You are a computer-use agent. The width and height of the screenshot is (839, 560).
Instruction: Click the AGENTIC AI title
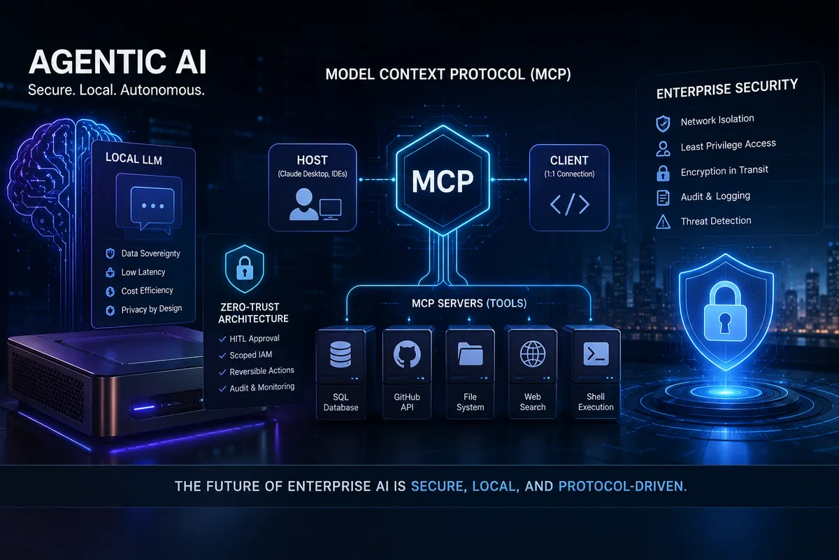[x=117, y=62]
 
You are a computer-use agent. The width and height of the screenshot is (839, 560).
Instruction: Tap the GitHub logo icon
[x=407, y=353]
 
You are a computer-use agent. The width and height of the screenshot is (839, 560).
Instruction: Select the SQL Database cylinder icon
[x=340, y=354]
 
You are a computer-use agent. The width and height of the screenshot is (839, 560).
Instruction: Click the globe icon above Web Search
[x=532, y=353]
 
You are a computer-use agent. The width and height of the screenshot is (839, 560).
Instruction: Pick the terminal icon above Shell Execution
[x=596, y=353]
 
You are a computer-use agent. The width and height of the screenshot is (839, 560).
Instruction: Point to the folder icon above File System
[x=470, y=353]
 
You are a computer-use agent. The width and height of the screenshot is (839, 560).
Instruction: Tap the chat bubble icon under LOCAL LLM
[x=152, y=208]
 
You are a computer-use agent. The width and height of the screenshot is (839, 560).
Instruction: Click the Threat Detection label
[x=716, y=221]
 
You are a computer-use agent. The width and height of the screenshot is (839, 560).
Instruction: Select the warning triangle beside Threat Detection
[x=663, y=222]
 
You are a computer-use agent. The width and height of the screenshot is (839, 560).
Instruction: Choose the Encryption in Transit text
[x=724, y=171]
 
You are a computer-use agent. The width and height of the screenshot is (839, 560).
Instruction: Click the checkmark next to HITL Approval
[x=222, y=339]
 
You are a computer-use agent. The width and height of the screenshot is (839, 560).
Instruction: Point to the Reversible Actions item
[x=261, y=371]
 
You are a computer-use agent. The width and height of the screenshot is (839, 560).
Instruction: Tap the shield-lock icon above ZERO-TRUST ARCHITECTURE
[x=245, y=269]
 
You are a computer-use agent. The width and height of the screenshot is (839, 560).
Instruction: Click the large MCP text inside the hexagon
[x=443, y=182]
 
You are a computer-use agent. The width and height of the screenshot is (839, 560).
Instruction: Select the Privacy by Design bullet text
[x=151, y=309]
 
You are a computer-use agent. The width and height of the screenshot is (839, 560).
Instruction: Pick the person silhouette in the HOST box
[x=303, y=204]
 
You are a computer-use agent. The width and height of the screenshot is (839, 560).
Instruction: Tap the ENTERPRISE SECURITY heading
[x=727, y=89]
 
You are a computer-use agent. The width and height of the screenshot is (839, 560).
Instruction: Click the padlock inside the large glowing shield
[x=725, y=311]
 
